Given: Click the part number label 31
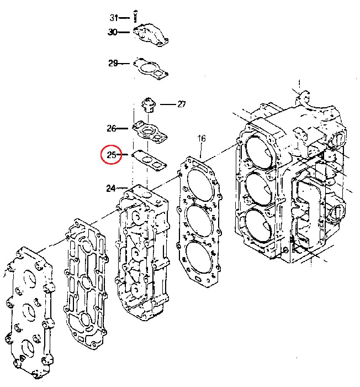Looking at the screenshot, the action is (114, 18).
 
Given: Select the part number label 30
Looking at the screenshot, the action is (113, 32).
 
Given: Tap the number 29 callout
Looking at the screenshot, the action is (113, 63).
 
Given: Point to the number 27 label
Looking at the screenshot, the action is (182, 104).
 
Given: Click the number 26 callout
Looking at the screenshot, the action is (112, 128).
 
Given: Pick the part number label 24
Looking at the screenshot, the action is (111, 189).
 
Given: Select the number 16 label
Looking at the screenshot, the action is (202, 138).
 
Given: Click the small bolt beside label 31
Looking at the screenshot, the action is (135, 16).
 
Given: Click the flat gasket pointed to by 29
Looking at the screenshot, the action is (151, 69).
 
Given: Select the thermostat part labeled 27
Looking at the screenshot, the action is (149, 105).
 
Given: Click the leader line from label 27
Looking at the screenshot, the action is (168, 104).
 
